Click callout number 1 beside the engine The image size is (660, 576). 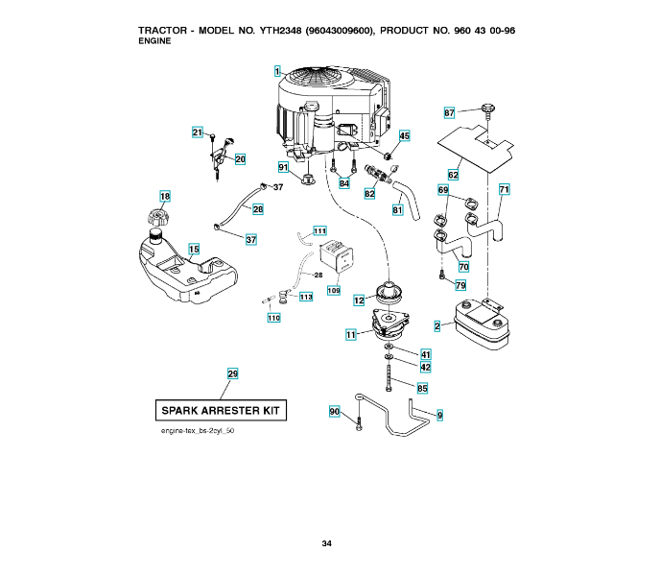[276, 71]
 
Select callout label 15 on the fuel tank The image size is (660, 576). [194, 250]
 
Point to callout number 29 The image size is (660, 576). [232, 372]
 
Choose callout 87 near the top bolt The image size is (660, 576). [449, 113]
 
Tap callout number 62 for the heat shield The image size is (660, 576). [453, 175]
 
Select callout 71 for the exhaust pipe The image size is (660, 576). [504, 189]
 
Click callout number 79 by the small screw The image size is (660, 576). [460, 285]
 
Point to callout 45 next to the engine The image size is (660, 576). [404, 136]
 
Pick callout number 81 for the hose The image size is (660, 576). [397, 209]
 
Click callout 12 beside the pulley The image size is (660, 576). [359, 300]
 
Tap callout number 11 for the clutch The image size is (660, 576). [351, 334]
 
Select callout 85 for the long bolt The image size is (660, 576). [422, 389]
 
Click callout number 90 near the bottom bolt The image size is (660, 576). [335, 411]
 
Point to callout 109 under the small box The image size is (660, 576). [334, 290]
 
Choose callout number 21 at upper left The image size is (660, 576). [197, 132]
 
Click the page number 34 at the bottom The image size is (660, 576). [327, 544]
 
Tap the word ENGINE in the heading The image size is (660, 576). [155, 41]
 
